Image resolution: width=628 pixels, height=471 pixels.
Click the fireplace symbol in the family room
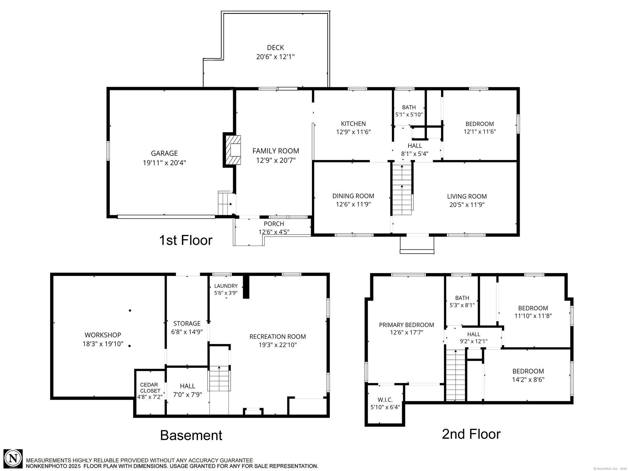233,150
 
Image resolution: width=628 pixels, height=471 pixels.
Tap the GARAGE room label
164,153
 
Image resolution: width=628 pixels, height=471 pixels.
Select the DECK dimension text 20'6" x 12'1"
275,57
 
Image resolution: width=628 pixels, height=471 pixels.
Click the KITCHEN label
353,124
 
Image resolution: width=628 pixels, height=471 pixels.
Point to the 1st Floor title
186,240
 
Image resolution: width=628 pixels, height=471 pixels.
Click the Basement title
191,435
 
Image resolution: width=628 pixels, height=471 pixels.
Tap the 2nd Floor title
471,434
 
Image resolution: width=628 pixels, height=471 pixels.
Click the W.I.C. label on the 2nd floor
385,400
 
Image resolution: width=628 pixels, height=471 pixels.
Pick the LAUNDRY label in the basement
226,286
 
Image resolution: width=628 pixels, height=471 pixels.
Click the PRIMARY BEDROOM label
407,325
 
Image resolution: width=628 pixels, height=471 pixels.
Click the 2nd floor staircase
456,375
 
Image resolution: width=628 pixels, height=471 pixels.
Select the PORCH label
274,224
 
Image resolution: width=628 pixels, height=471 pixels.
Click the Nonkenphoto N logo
13,459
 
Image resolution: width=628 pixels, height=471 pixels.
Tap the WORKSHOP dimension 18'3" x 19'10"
103,344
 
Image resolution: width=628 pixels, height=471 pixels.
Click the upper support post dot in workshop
130,310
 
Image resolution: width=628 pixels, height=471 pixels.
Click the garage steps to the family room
225,203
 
